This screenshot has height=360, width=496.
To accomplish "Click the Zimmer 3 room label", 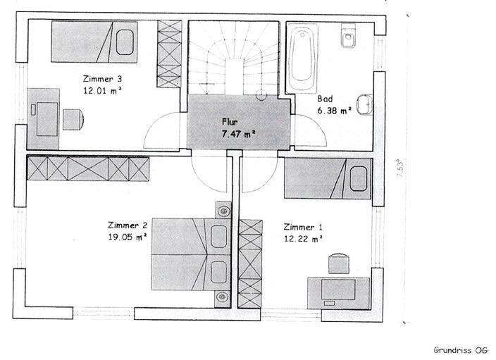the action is (x=102, y=79).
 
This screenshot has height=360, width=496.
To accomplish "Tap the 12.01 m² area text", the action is (x=102, y=90).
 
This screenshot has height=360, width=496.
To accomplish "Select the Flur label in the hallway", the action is (x=230, y=122).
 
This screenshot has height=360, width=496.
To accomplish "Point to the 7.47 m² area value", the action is (x=239, y=134).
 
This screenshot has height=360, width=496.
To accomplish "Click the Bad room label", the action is (x=325, y=99).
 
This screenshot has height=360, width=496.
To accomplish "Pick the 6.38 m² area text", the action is (x=335, y=111).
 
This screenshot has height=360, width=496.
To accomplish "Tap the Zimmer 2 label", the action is (x=128, y=225).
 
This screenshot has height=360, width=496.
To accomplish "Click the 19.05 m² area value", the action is (x=128, y=237).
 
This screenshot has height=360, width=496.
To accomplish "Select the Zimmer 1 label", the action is (x=303, y=227).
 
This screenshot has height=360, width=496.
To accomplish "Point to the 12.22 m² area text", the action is (x=304, y=239).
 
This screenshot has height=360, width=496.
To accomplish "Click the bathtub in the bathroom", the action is (x=302, y=57).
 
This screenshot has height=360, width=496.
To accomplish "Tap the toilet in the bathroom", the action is (x=348, y=35).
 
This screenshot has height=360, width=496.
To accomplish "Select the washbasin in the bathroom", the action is (x=365, y=104).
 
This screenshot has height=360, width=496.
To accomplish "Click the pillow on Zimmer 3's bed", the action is (x=124, y=42).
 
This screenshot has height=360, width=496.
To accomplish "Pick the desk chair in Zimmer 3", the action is (x=73, y=120).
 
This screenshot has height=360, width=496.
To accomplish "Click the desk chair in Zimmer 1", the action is (x=339, y=263).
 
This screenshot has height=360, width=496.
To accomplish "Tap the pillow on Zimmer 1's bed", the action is (x=359, y=179).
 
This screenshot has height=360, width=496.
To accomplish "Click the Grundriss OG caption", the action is (x=460, y=350).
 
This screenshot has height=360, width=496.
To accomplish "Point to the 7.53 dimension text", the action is (x=400, y=168).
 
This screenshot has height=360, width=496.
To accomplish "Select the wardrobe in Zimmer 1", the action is (x=250, y=263).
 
